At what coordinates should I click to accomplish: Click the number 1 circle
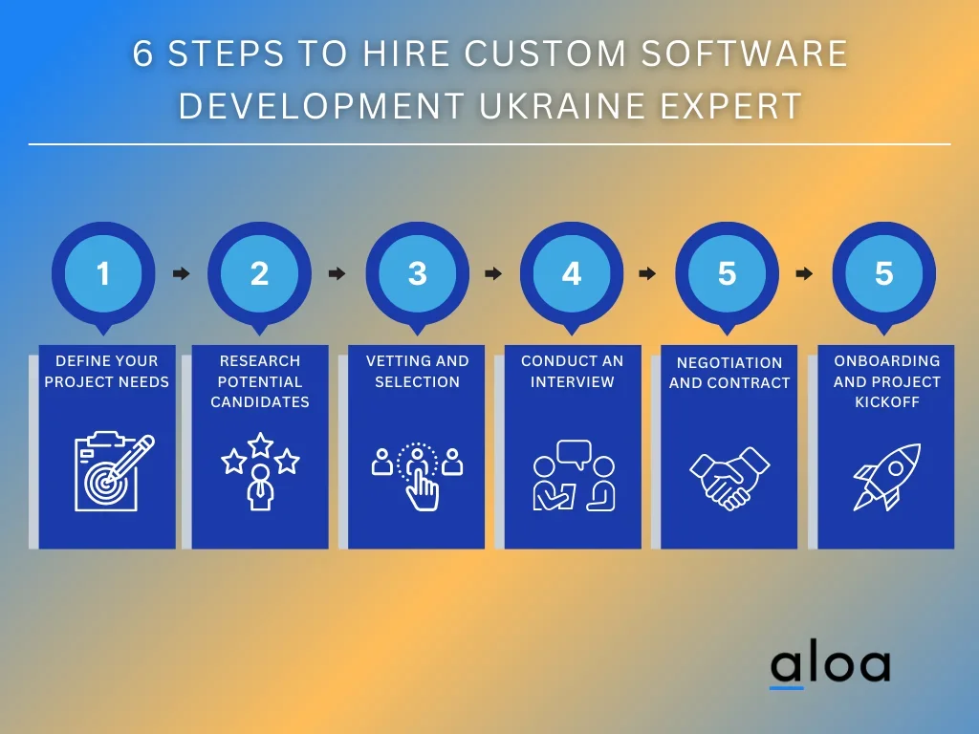pyautogui.click(x=103, y=273)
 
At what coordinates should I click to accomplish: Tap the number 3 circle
pyautogui.click(x=417, y=273)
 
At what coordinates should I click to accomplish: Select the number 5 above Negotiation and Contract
pyautogui.click(x=727, y=273)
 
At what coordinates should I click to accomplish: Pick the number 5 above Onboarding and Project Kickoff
pyautogui.click(x=883, y=273)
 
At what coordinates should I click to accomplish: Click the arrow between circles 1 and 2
pyautogui.click(x=181, y=273)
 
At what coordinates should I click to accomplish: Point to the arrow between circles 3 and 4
pyautogui.click(x=493, y=273)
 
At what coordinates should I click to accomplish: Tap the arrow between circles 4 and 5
pyautogui.click(x=647, y=273)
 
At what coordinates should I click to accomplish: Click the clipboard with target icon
pyautogui.click(x=114, y=471)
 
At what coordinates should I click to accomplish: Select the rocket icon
pyautogui.click(x=886, y=477)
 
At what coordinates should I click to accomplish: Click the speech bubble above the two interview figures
pyautogui.click(x=574, y=454)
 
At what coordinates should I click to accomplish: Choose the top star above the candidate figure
pyautogui.click(x=260, y=445)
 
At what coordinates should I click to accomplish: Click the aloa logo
pyautogui.click(x=830, y=668)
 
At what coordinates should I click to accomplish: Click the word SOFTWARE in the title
pyautogui.click(x=744, y=54)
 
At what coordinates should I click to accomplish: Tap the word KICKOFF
pyautogui.click(x=886, y=402)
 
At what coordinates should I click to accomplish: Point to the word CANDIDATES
pyautogui.click(x=260, y=402)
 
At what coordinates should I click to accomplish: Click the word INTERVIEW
pyautogui.click(x=573, y=381)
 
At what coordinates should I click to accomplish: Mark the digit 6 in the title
pyautogui.click(x=142, y=54)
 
